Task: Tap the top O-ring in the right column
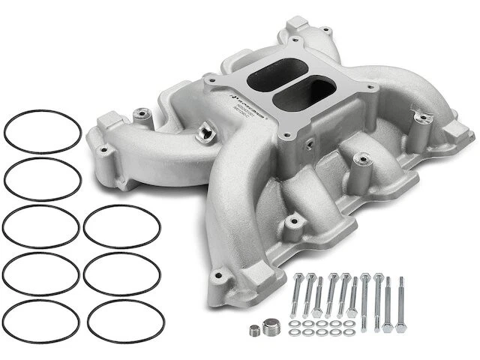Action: pos(121,226)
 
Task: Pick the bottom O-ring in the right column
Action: pos(124,319)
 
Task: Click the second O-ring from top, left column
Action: pos(42,179)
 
